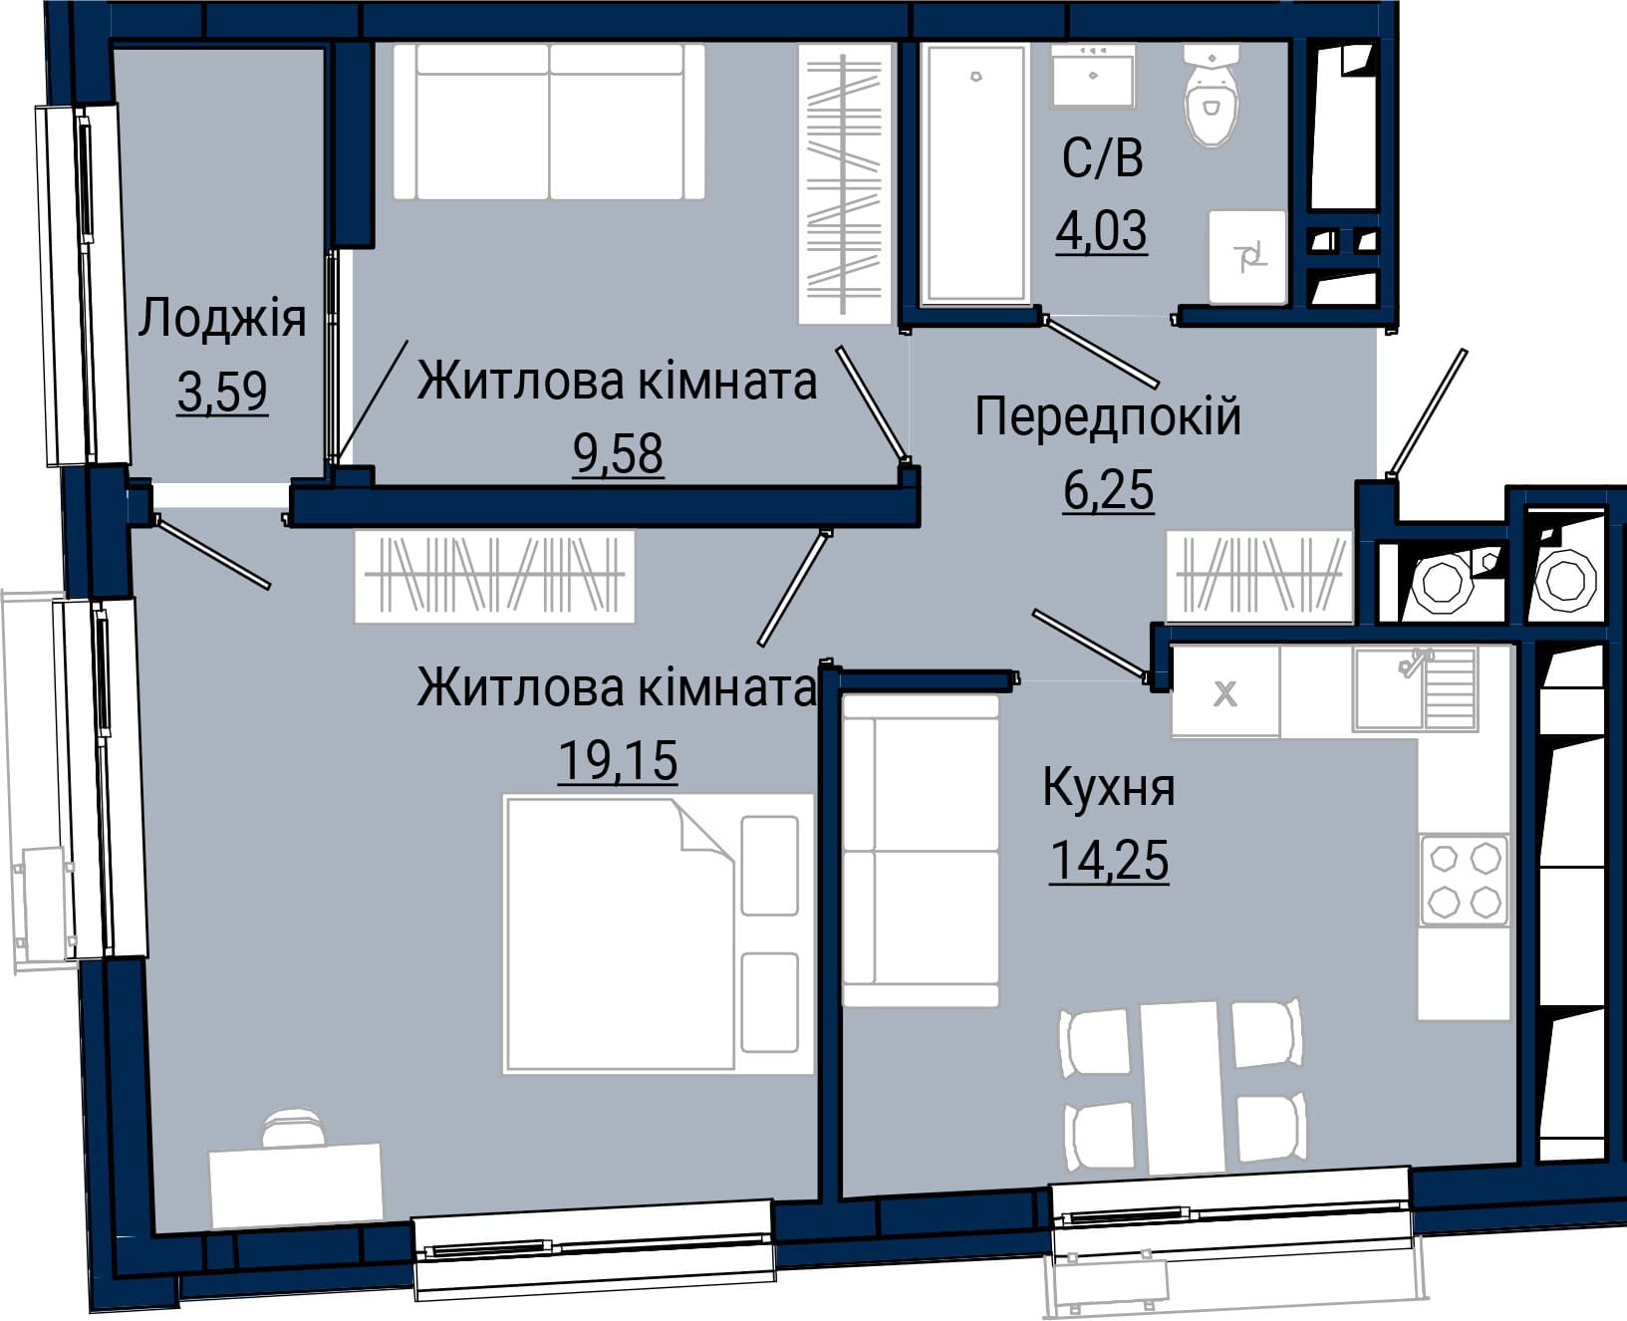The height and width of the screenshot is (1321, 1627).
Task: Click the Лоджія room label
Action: click(x=221, y=320)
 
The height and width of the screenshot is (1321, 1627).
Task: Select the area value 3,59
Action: click(x=222, y=391)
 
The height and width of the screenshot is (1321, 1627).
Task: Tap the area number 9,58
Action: click(x=618, y=453)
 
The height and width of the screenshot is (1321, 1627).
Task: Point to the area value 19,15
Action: click(x=618, y=760)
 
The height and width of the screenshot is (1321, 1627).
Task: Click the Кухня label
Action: click(x=1109, y=787)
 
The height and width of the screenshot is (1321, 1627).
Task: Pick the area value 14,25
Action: click(x=1109, y=860)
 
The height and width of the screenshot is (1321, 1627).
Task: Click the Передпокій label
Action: click(x=1108, y=416)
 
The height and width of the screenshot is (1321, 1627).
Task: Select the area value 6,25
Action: click(x=1108, y=490)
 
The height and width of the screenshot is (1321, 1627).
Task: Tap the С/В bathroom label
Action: click(x=1102, y=158)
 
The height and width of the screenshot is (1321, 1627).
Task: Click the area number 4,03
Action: click(x=1102, y=231)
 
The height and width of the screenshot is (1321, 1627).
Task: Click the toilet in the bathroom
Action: click(x=1212, y=96)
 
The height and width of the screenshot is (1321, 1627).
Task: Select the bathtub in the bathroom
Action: click(x=975, y=173)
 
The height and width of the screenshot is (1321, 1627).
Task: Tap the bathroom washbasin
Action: click(x=1094, y=75)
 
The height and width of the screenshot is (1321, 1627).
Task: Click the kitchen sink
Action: click(x=1415, y=689)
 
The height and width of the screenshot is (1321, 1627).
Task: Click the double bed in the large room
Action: click(x=659, y=933)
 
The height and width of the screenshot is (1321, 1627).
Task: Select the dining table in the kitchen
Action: click(x=1184, y=1088)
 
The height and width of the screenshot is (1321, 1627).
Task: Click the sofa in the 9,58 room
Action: click(x=549, y=122)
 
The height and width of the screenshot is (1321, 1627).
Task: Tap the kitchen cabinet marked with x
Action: click(x=1225, y=691)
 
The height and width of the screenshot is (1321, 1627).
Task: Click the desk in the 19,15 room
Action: click(x=297, y=1185)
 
